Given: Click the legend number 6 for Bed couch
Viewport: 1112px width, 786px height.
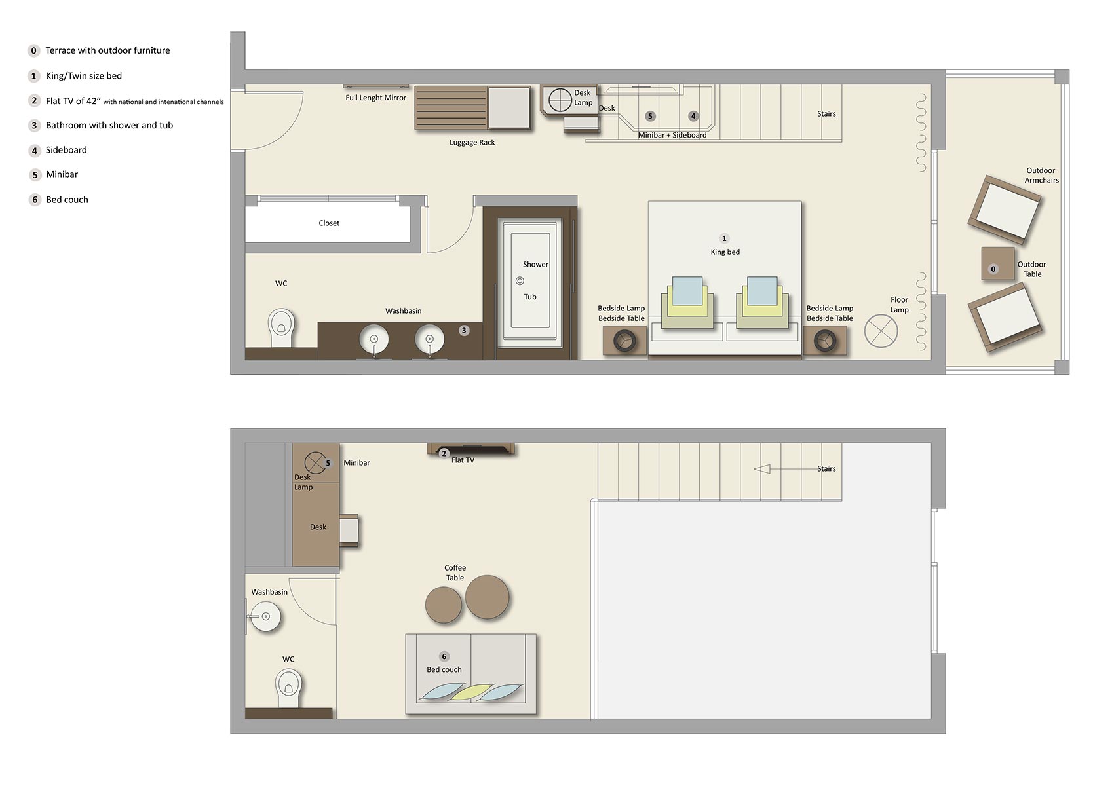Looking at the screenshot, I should pyautogui.click(x=35, y=200).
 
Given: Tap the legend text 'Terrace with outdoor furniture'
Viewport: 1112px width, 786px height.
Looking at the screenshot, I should pyautogui.click(x=107, y=50).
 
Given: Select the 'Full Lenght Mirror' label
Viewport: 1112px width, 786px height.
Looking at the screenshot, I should pyautogui.click(x=375, y=98).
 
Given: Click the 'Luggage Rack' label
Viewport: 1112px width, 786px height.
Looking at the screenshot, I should pyautogui.click(x=472, y=142).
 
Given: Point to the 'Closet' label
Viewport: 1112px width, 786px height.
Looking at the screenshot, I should pyautogui.click(x=329, y=223).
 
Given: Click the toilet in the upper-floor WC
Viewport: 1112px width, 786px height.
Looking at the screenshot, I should pyautogui.click(x=281, y=327).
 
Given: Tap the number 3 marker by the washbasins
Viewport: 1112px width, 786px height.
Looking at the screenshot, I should pyautogui.click(x=464, y=330).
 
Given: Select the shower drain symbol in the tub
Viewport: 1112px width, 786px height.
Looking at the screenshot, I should pyautogui.click(x=520, y=281).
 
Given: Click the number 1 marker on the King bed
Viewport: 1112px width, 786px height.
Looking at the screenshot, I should pyautogui.click(x=724, y=238).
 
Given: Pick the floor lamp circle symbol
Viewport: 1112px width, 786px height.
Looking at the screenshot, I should pyautogui.click(x=881, y=331).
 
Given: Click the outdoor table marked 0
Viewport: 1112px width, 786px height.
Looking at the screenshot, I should pyautogui.click(x=997, y=263).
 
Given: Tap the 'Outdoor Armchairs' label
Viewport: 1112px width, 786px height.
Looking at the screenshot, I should pyautogui.click(x=1041, y=176).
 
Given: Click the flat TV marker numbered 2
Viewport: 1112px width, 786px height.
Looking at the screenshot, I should pyautogui.click(x=444, y=453).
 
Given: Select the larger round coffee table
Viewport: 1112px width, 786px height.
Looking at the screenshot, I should pyautogui.click(x=487, y=597).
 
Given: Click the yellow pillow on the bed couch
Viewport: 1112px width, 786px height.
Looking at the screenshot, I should pyautogui.click(x=470, y=691).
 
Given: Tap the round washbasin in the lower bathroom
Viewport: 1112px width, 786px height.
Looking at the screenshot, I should pyautogui.click(x=266, y=616).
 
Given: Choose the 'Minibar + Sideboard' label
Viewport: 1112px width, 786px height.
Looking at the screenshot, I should pyautogui.click(x=672, y=135).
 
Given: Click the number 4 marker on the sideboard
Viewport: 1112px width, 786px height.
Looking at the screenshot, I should pyautogui.click(x=693, y=116).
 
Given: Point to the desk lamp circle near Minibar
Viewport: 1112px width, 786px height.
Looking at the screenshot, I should pyautogui.click(x=315, y=462).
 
